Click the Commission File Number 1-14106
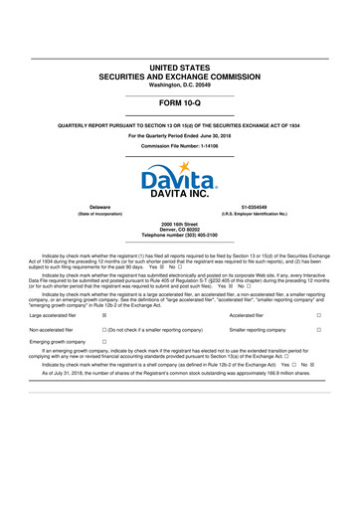coord(179,144)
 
